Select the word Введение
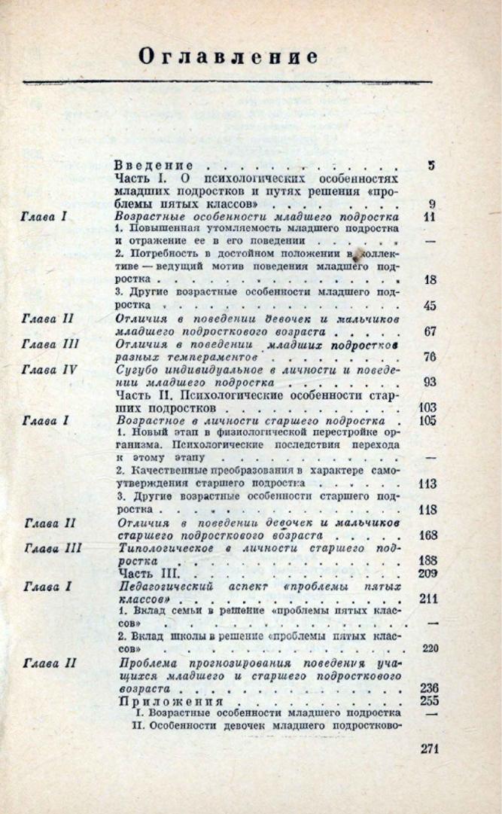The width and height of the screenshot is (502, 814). (154, 165)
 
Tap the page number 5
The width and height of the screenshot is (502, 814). (431, 166)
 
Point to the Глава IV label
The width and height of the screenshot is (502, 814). (50, 370)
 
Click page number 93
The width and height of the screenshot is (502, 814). (430, 383)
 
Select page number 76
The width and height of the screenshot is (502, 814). (430, 357)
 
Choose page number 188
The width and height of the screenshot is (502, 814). (427, 561)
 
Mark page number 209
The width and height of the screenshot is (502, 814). (427, 575)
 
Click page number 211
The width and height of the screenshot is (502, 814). (428, 599)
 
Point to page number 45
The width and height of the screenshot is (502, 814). (431, 306)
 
